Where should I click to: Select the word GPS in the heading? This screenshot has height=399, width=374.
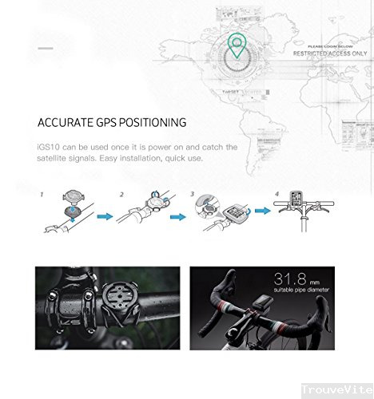tap(111, 123)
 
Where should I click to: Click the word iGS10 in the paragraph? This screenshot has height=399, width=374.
tap(48, 147)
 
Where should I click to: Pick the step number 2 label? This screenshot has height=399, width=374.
tap(122, 194)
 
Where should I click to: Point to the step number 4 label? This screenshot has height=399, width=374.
tap(277, 194)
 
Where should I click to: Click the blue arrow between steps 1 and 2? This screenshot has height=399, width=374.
tap(105, 215)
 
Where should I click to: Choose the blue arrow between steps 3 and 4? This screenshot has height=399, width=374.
tap(260, 212)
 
